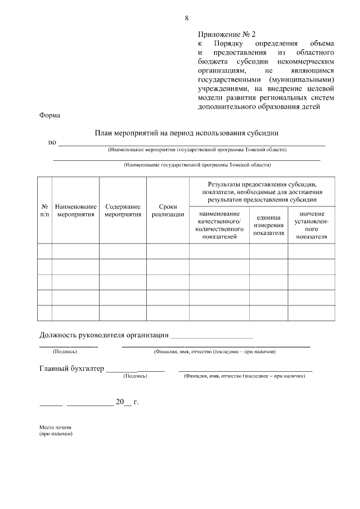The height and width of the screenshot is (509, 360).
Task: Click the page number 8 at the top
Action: pos(186,18)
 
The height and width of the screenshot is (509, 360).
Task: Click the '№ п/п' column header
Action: pos(44,210)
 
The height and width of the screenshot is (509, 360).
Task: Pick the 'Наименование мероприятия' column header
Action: pos(76,210)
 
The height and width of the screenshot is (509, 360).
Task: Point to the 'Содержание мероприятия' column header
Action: pos(123,210)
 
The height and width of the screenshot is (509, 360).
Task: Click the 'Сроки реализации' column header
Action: pos(168,210)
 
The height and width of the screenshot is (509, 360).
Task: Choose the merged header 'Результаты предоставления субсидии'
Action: pos(262,191)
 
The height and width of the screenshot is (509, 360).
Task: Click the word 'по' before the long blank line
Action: pos(52,142)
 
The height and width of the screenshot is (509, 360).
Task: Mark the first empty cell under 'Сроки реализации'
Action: pos(168,251)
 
